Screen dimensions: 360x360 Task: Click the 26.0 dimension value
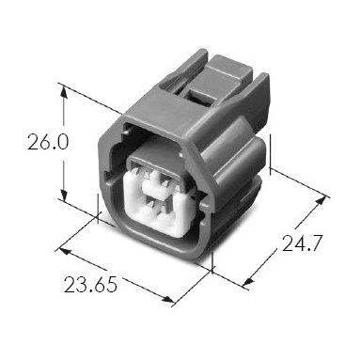48,142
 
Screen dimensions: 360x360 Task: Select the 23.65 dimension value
90,285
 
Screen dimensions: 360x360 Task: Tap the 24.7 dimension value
302,243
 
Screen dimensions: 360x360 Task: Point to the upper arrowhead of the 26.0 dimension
64,91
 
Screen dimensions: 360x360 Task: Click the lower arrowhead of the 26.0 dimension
64,195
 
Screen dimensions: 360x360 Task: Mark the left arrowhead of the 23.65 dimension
65,251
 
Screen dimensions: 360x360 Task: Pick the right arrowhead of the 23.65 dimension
167,300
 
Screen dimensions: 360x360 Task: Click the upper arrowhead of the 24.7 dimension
321,201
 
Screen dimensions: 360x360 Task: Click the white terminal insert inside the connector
157,205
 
